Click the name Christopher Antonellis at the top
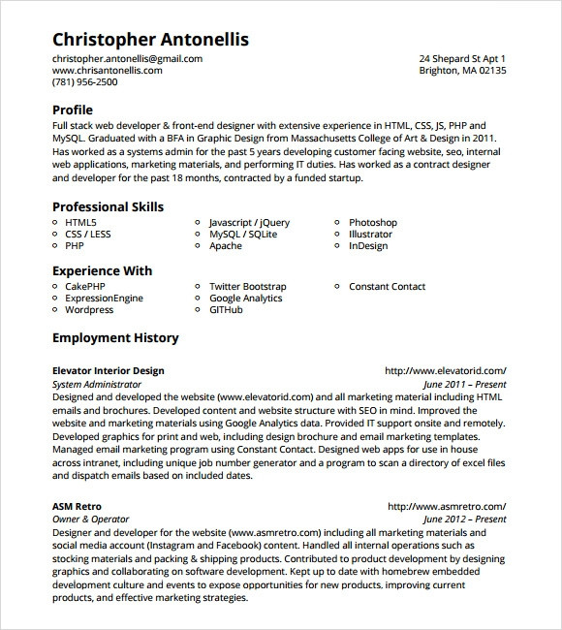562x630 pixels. [150, 40]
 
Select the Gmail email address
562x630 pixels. [127, 59]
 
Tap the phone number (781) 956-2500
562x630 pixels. [84, 82]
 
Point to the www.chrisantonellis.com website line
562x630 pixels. [107, 71]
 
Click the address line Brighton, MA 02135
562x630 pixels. [462, 71]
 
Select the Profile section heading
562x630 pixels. [73, 110]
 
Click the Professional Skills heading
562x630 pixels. [108, 206]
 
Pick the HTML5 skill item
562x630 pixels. [80, 223]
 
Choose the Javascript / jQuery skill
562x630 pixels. [249, 223]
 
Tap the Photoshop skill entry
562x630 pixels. [373, 223]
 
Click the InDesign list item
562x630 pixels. [368, 246]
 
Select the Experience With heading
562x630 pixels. [102, 270]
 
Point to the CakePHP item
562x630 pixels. [86, 287]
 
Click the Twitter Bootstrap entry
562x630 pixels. [248, 287]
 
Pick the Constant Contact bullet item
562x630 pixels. [387, 287]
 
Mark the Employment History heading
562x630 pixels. [115, 338]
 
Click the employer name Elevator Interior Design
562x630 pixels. [108, 371]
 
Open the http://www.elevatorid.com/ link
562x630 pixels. [446, 371]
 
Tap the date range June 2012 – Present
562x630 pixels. [464, 520]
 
